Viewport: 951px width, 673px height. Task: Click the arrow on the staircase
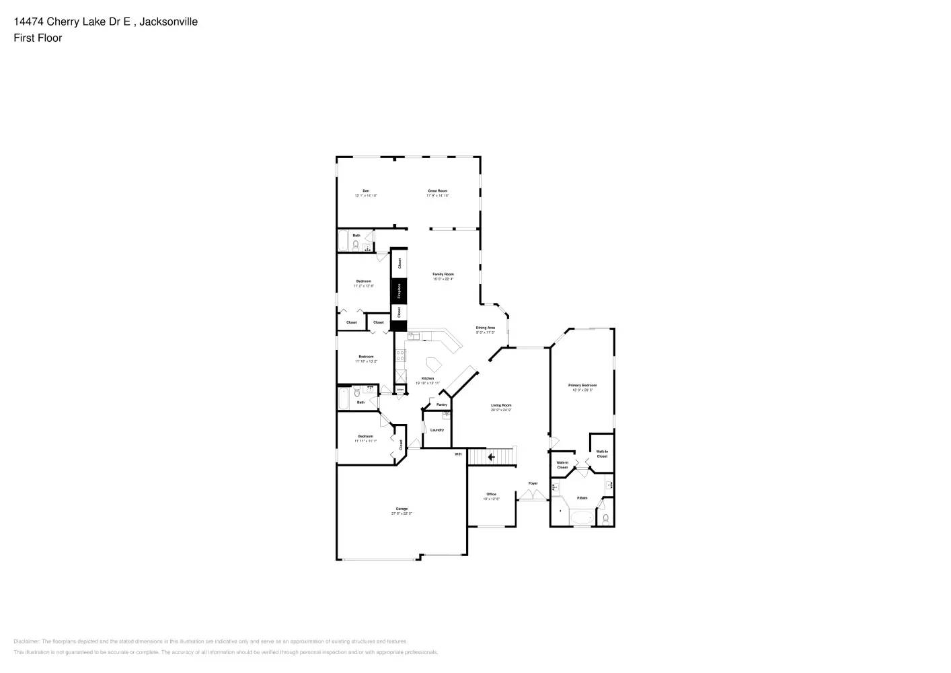point(491,457)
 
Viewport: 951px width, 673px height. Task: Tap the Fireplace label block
point(399,291)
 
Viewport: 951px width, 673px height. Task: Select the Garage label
point(402,509)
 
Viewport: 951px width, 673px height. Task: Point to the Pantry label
point(442,404)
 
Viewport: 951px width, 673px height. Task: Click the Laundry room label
point(437,430)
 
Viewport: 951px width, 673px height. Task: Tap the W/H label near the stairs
point(458,454)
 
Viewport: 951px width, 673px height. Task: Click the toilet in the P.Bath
point(605,518)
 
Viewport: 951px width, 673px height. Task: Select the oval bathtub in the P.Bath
point(582,518)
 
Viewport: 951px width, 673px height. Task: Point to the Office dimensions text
point(491,499)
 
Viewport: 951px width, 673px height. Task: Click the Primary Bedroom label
point(582,386)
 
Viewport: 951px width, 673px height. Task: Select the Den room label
point(366,190)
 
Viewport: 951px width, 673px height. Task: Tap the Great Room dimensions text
point(437,195)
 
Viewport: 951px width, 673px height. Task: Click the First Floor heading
point(38,38)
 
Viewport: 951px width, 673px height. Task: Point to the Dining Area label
point(486,328)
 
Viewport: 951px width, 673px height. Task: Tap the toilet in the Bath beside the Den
point(355,244)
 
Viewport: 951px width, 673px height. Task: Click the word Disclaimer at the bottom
point(26,641)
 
